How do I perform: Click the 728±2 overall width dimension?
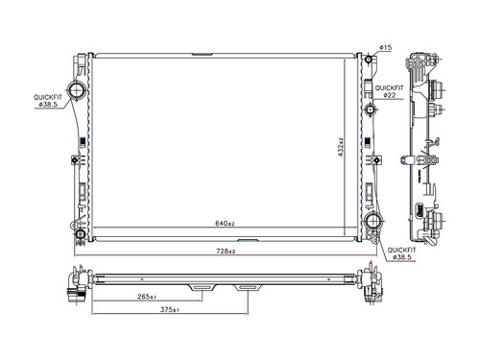tap(226, 252)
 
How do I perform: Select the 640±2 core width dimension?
tap(225, 224)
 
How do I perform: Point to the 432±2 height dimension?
tap(341, 147)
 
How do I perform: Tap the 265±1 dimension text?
tap(147, 297)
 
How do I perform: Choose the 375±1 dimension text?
tap(169, 309)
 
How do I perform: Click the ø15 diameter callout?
tap(386, 47)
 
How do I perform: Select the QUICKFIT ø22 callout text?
tap(389, 91)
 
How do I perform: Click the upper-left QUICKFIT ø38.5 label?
tap(48, 101)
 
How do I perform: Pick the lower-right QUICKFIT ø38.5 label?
tap(402, 253)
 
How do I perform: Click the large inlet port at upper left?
tap(77, 89)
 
